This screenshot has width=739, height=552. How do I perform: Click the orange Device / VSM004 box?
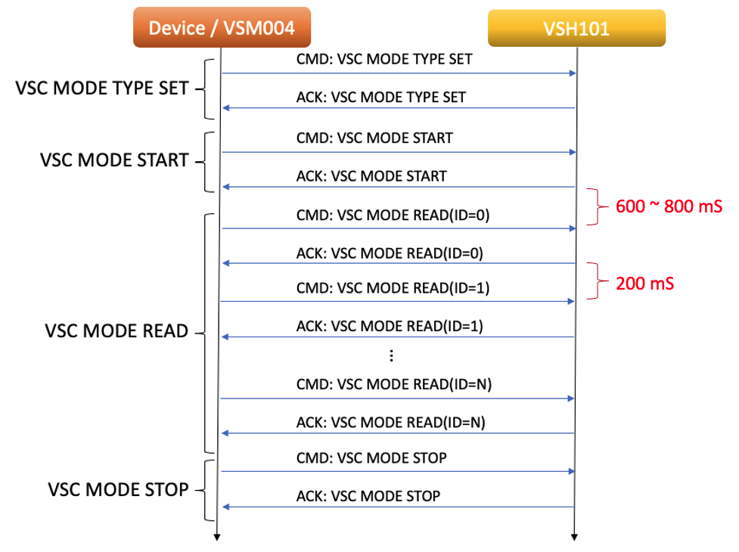(222, 28)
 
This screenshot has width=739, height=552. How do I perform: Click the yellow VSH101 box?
(576, 29)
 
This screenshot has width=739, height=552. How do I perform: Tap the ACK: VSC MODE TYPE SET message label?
(380, 97)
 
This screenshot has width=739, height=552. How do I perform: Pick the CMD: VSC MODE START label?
(374, 138)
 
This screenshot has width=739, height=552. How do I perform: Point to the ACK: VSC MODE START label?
(371, 176)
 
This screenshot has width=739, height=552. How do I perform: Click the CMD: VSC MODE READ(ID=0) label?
(393, 215)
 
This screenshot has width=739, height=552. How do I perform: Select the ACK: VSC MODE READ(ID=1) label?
(389, 326)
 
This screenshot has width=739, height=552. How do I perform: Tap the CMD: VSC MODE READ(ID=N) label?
(393, 384)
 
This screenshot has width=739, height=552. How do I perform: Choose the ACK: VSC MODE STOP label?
(368, 496)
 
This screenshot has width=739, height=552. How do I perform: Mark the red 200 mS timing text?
(644, 284)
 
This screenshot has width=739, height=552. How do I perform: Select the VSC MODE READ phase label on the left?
(116, 331)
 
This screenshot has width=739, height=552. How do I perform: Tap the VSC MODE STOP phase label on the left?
(118, 489)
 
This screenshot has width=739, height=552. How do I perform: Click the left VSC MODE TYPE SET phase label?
(101, 88)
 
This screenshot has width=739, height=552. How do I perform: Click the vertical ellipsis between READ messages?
(391, 355)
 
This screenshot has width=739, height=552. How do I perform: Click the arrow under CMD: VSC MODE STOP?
(397, 471)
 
